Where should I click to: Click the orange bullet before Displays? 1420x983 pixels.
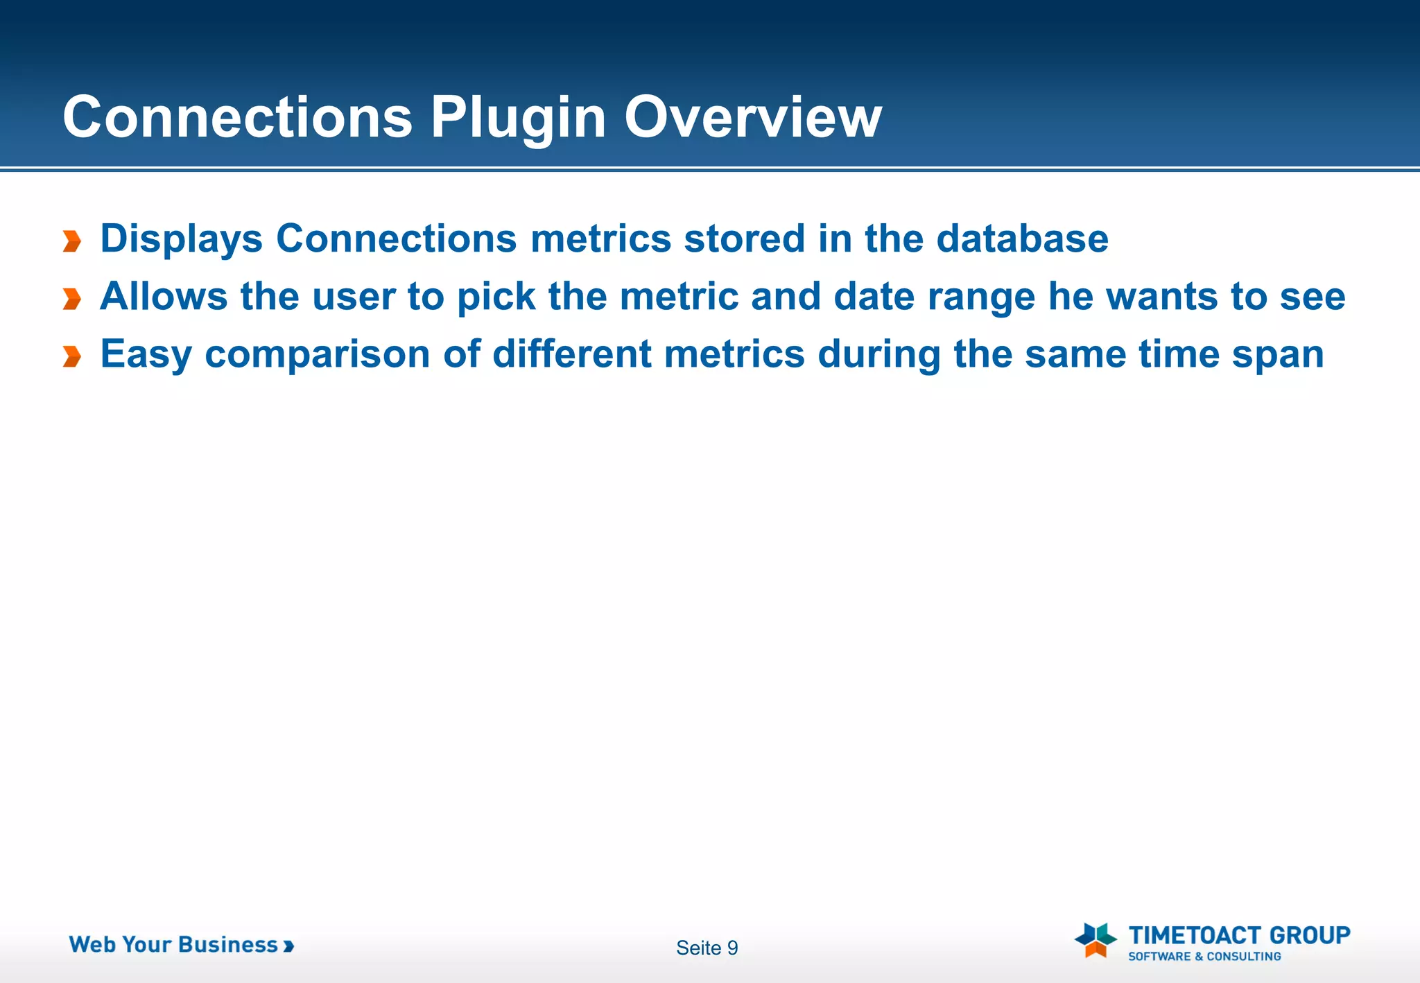click(x=72, y=241)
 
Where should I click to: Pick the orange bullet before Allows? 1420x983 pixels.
click(x=72, y=299)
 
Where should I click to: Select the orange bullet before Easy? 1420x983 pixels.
click(x=72, y=356)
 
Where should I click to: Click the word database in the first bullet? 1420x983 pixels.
click(x=1022, y=239)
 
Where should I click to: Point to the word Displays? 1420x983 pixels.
click(x=181, y=239)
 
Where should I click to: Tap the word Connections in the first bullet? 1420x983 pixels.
click(x=396, y=239)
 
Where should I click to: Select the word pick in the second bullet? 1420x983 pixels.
click(x=496, y=297)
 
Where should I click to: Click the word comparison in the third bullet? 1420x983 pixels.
click(x=318, y=355)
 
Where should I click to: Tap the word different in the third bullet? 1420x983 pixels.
click(x=572, y=354)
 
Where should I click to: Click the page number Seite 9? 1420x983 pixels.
click(x=707, y=948)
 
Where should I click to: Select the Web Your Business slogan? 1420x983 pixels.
click(x=180, y=945)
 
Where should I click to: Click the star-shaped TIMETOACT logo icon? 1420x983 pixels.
click(x=1096, y=939)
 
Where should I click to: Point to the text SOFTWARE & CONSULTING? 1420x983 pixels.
click(x=1204, y=957)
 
